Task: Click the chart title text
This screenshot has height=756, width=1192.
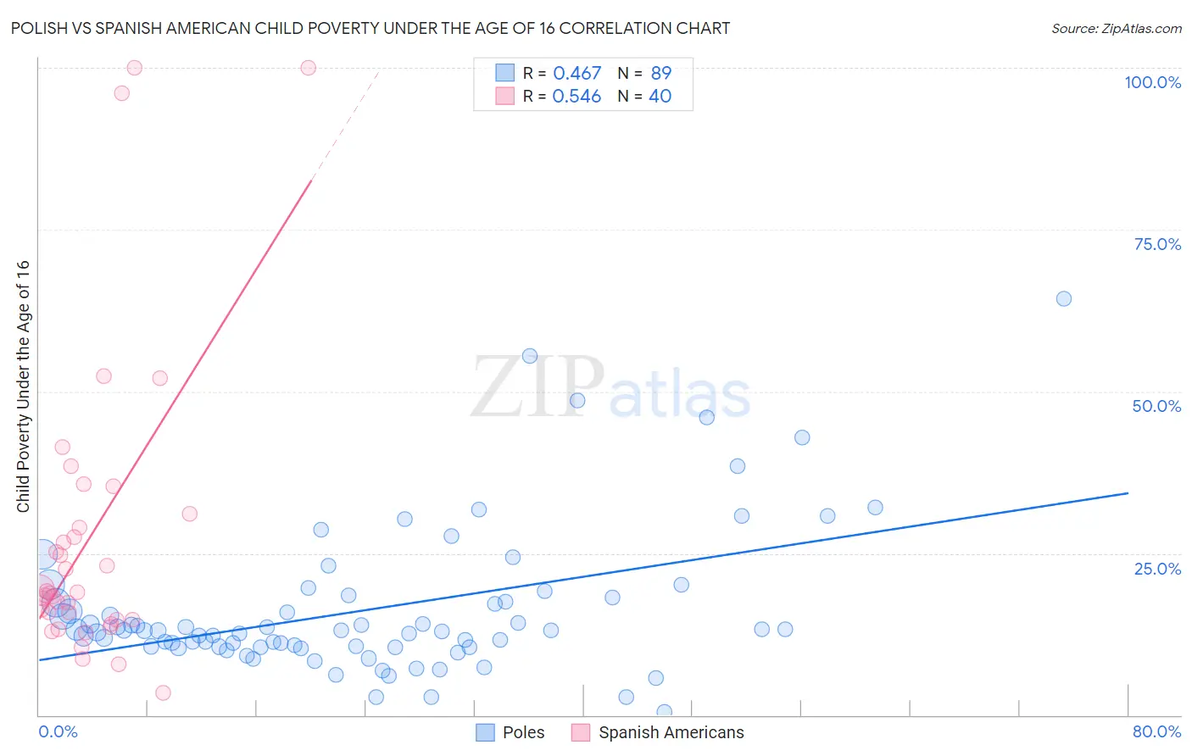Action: (370, 28)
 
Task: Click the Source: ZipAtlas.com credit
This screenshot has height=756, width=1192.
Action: (1116, 28)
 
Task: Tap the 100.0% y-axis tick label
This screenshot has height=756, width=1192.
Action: (1152, 82)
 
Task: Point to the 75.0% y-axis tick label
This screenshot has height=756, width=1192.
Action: (1157, 244)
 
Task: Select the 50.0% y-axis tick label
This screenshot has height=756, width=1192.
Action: (1156, 406)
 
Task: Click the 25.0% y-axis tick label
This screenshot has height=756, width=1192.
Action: (1157, 568)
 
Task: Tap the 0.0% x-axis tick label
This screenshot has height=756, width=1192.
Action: (58, 731)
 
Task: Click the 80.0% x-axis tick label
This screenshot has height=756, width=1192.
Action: (1156, 731)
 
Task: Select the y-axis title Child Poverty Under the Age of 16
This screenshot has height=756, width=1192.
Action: (23, 386)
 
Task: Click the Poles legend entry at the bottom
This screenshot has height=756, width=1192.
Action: (523, 732)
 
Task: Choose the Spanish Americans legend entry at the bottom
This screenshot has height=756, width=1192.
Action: (671, 732)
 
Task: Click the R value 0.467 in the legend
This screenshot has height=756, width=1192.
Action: (577, 74)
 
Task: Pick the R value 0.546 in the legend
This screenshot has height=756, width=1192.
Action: (577, 97)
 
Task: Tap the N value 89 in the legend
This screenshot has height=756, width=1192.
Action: (660, 74)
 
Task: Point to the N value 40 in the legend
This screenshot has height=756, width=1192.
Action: (660, 97)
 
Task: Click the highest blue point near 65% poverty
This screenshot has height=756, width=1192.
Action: (1064, 298)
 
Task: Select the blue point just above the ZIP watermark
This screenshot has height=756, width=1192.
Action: (530, 356)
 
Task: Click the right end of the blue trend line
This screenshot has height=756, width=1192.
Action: (1128, 492)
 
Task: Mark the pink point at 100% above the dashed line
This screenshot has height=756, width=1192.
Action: (309, 68)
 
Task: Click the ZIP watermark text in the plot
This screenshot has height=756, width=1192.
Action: (538, 387)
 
